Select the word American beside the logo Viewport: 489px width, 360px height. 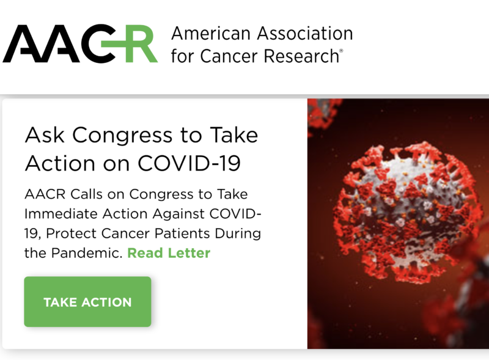211,33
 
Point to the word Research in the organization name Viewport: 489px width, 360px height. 301,56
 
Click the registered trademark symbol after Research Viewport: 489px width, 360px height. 341,51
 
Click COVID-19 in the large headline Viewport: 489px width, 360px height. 189,163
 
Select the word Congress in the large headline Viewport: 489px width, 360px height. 122,136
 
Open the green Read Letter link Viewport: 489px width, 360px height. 169,253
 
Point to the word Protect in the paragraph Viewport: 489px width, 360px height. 72,233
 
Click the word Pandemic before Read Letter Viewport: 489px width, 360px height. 87,253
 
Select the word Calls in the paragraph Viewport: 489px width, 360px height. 86,194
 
